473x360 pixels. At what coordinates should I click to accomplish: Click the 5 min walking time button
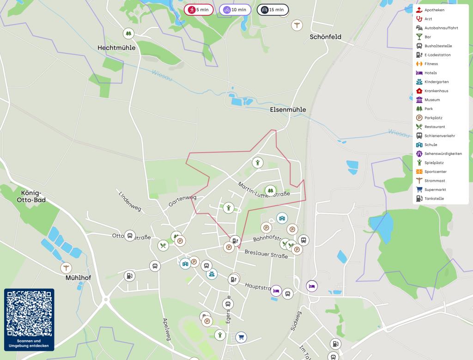(199, 10)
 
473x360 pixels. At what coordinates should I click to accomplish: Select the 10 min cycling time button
(235, 10)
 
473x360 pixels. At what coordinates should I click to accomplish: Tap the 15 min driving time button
(273, 10)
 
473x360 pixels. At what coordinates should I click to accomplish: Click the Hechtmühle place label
(116, 48)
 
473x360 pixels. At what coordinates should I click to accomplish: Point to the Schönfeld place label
(326, 37)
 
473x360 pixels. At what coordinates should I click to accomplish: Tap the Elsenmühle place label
(288, 110)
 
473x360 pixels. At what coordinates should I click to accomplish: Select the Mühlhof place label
(78, 278)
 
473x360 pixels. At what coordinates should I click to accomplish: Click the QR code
(29, 314)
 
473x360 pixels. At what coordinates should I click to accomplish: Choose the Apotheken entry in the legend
(434, 10)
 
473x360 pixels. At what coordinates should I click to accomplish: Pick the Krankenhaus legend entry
(436, 91)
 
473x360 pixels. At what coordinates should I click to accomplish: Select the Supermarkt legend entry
(435, 189)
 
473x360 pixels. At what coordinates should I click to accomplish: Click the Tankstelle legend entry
(434, 198)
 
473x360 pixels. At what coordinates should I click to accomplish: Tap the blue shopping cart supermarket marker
(240, 337)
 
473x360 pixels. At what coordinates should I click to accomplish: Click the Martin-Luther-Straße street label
(264, 189)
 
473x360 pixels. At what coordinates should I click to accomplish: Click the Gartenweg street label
(182, 201)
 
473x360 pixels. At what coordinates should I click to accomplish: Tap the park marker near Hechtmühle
(129, 33)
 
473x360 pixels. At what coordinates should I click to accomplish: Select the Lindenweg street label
(130, 202)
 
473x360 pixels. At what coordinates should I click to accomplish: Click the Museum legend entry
(432, 100)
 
